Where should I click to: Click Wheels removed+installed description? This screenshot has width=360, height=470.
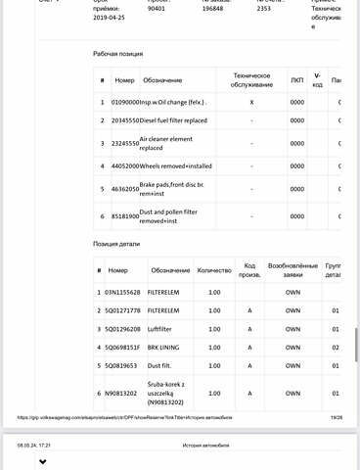pyautogui.click(x=178, y=166)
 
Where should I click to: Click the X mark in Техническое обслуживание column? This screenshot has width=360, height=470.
pyautogui.click(x=251, y=101)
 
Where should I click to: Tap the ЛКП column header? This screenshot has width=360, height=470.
pyautogui.click(x=296, y=79)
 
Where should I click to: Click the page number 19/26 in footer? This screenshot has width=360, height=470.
pyautogui.click(x=337, y=416)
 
